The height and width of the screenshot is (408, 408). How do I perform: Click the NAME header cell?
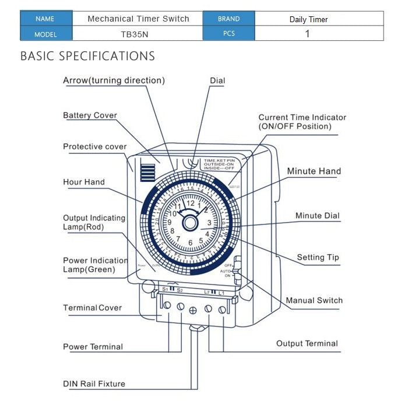coord(45,19)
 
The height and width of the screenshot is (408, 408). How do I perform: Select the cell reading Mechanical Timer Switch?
coord(138,19)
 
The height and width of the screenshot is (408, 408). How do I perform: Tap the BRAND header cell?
coord(228,19)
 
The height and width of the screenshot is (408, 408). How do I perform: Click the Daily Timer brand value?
coord(308,19)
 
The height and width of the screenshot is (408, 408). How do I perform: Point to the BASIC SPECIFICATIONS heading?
coord(87,57)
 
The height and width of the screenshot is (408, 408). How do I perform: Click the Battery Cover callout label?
coord(90,115)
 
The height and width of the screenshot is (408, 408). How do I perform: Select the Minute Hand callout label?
coord(314,171)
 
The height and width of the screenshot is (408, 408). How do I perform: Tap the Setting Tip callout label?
coord(318,257)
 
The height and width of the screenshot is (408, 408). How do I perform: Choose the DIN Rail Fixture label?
coord(94,384)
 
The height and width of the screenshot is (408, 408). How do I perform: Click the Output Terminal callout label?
coord(307,343)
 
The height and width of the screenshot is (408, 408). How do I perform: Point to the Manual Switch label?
coord(314,300)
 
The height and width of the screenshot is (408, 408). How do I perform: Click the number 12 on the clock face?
coord(190,203)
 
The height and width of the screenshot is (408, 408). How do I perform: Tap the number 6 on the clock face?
coord(190,242)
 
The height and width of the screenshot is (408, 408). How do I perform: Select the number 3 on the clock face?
coord(209,223)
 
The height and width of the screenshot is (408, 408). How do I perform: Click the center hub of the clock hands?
coord(190,223)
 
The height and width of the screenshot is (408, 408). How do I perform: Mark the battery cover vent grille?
coord(147,173)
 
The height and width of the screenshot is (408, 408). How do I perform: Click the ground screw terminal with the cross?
coord(194,310)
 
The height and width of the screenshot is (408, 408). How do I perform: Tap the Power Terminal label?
coord(93,347)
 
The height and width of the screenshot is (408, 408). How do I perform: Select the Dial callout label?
coord(217,80)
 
